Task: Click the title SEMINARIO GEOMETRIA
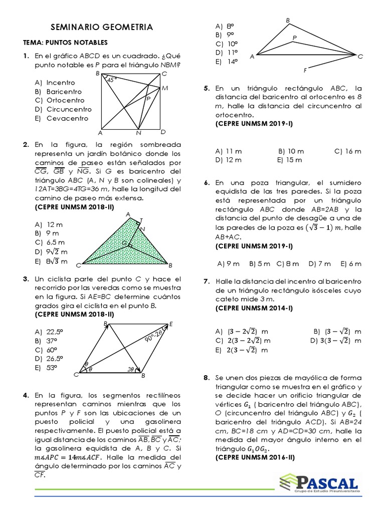coord(103,27)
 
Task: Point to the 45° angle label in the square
coord(111,79)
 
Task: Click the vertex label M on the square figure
coord(165,88)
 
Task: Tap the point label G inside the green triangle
coord(124,243)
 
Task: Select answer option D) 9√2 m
coord(51,252)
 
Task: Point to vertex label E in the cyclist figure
coord(171,325)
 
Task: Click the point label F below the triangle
coord(305,69)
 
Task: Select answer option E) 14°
coord(226,62)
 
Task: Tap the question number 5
coord(206,88)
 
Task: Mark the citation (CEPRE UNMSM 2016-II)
coord(255,457)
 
